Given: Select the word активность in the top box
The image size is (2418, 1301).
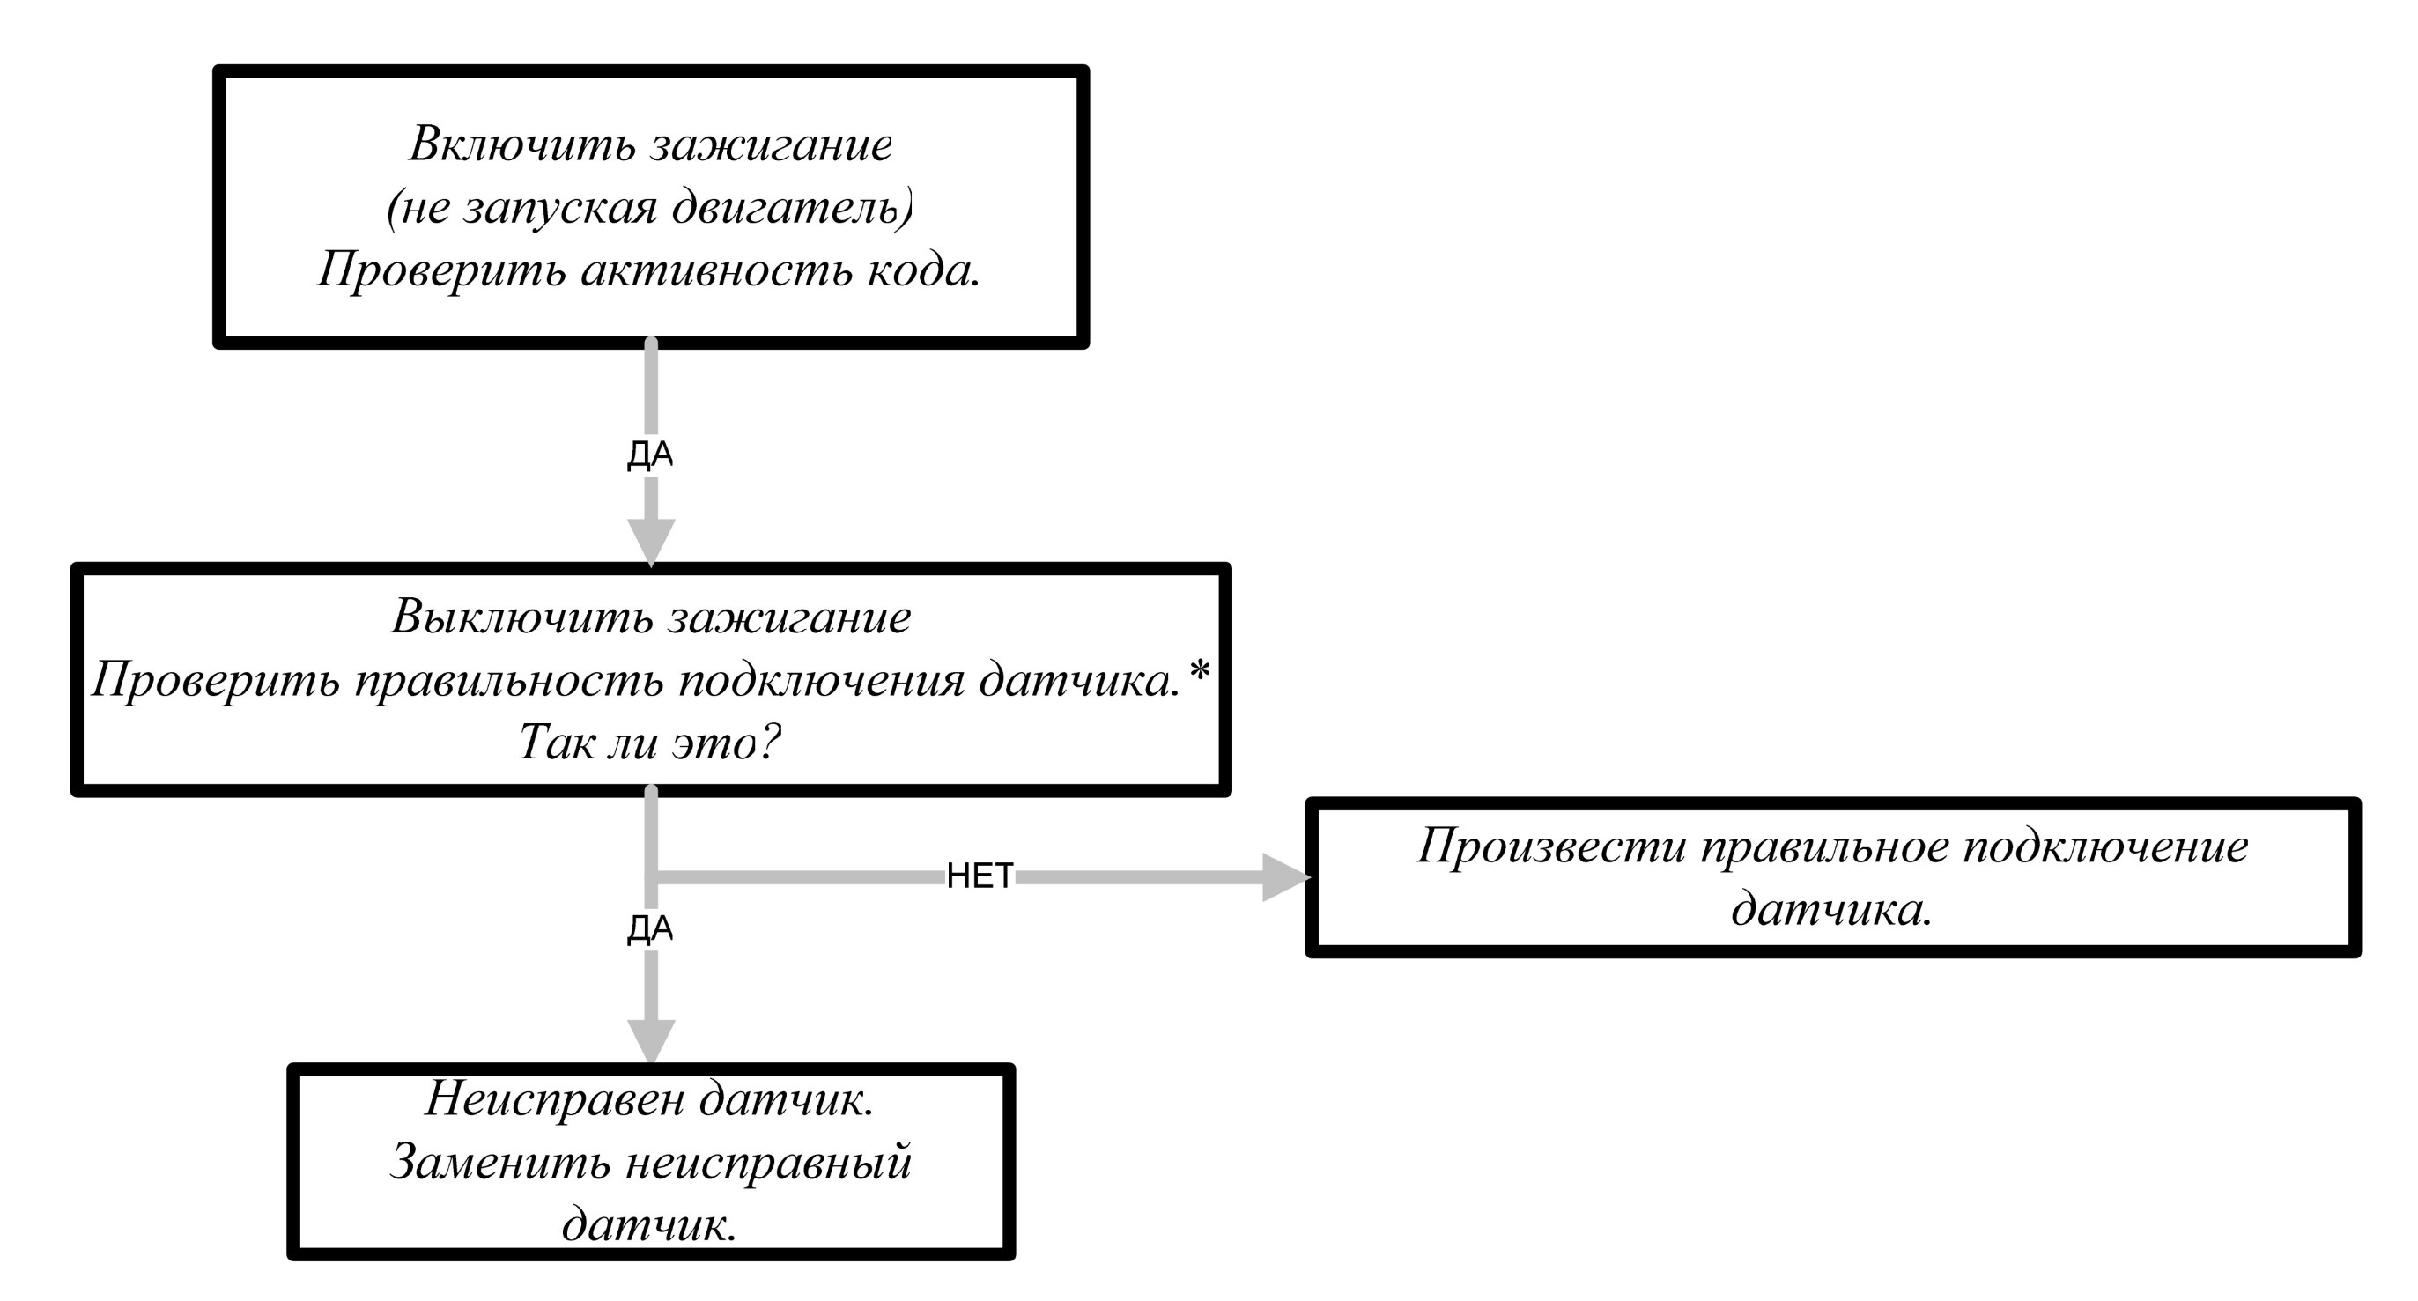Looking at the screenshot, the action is [x=716, y=271].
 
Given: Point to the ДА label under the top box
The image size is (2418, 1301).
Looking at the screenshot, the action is [x=650, y=455].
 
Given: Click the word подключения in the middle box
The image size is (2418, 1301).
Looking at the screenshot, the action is [x=821, y=681].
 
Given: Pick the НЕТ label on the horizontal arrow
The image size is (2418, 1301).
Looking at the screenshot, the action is [x=980, y=876].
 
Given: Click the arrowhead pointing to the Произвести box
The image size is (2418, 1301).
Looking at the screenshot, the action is [x=1286, y=876].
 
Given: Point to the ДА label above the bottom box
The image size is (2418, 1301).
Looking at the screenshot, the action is [x=650, y=929].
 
